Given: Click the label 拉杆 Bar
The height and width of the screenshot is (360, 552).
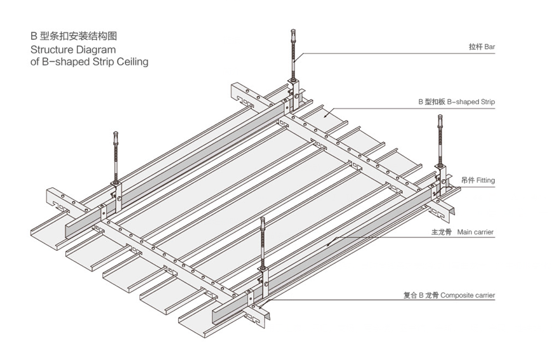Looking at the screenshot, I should coord(481,48).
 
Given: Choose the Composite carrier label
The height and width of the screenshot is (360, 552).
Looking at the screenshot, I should coord(449,295).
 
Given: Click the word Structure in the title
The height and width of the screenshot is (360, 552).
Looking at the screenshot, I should coord(52,50).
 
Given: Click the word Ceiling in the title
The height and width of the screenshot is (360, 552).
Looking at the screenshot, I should coord(131,62).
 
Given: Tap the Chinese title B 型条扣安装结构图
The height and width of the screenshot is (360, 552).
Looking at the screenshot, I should coord(74,36).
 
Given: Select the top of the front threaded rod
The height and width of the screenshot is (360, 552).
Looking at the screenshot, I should coord(263,220).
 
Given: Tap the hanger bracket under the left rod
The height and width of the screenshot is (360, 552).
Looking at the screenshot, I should coord(117,190).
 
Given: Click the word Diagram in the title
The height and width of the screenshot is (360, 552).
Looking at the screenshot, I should coord(96,50).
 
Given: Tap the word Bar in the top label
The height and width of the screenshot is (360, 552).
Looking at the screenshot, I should coord(489,48).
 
